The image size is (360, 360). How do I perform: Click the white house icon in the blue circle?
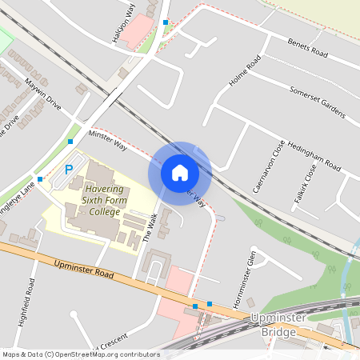[180, 173]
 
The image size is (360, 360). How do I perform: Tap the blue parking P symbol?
[69, 170]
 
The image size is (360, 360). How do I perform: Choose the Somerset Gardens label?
[318, 102]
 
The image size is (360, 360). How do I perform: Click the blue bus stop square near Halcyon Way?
[166, 22]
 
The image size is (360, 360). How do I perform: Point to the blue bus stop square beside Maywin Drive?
[70, 142]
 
